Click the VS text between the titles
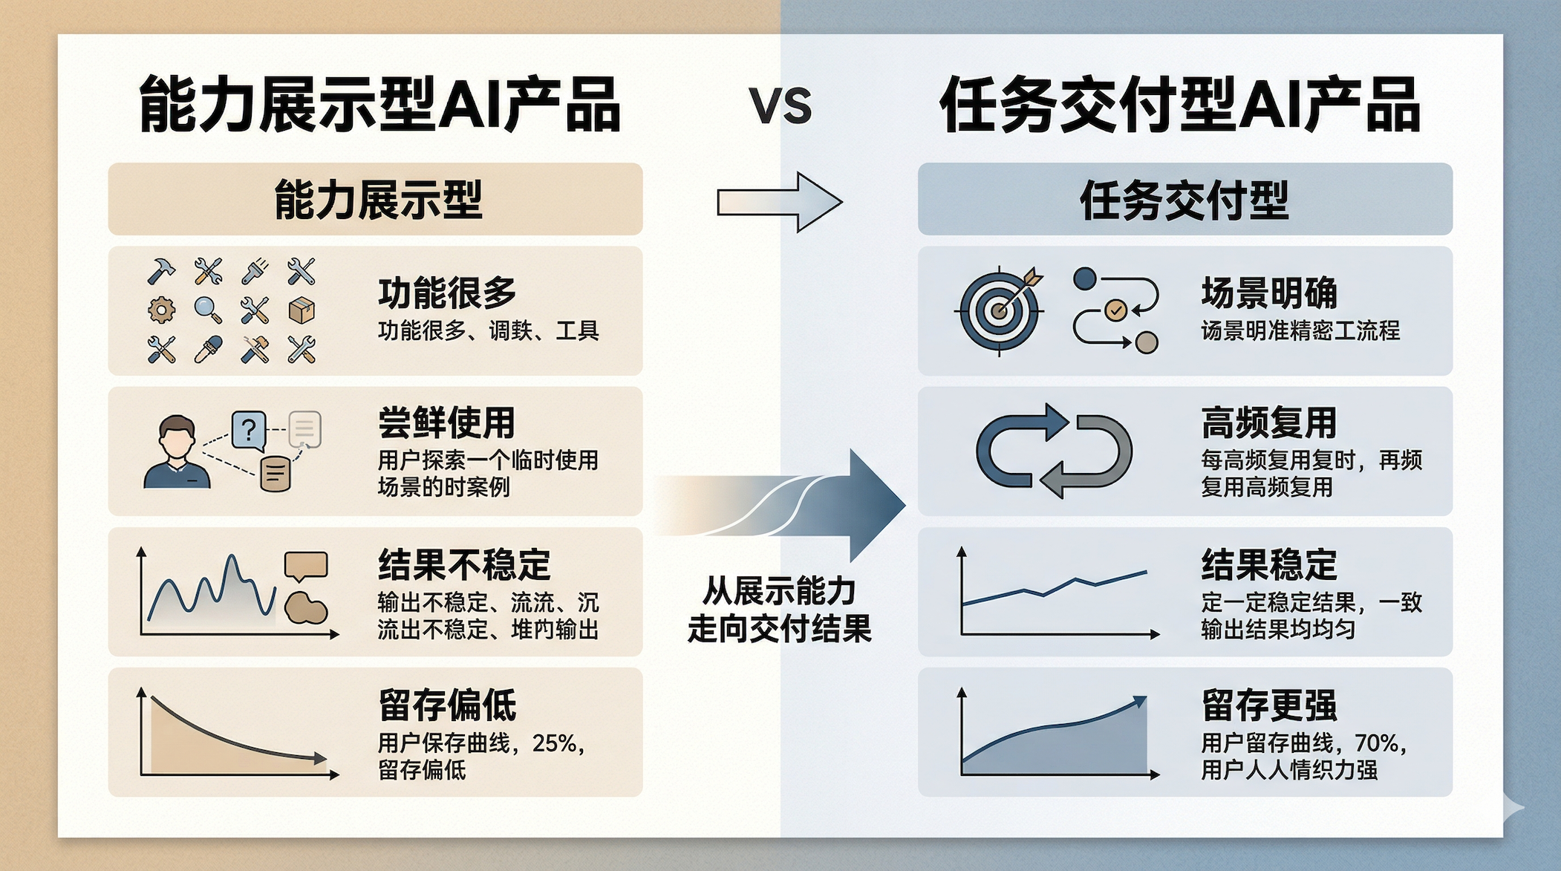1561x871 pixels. click(x=780, y=106)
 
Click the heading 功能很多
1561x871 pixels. click(x=447, y=293)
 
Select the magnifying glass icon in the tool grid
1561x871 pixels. click(x=208, y=310)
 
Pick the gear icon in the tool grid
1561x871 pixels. click(x=161, y=310)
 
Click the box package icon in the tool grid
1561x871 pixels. click(x=301, y=310)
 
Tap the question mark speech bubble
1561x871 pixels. click(x=249, y=430)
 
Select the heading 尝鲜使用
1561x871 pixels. click(x=446, y=423)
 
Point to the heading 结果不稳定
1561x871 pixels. click(x=464, y=564)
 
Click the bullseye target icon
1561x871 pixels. click(x=999, y=310)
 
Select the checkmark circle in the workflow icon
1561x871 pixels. click(x=1115, y=310)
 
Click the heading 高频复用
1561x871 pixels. click(x=1268, y=423)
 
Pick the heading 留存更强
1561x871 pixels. click(x=1268, y=705)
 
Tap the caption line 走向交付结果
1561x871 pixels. click(x=779, y=630)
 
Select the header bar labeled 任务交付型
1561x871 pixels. click(x=1184, y=199)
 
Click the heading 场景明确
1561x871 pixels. click(x=1268, y=293)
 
